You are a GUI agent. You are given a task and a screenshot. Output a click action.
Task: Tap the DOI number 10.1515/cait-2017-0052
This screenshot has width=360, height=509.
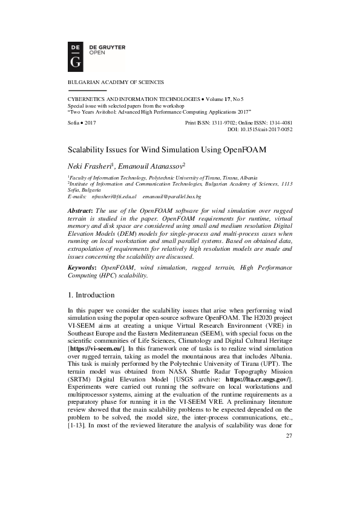click(x=267, y=129)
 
